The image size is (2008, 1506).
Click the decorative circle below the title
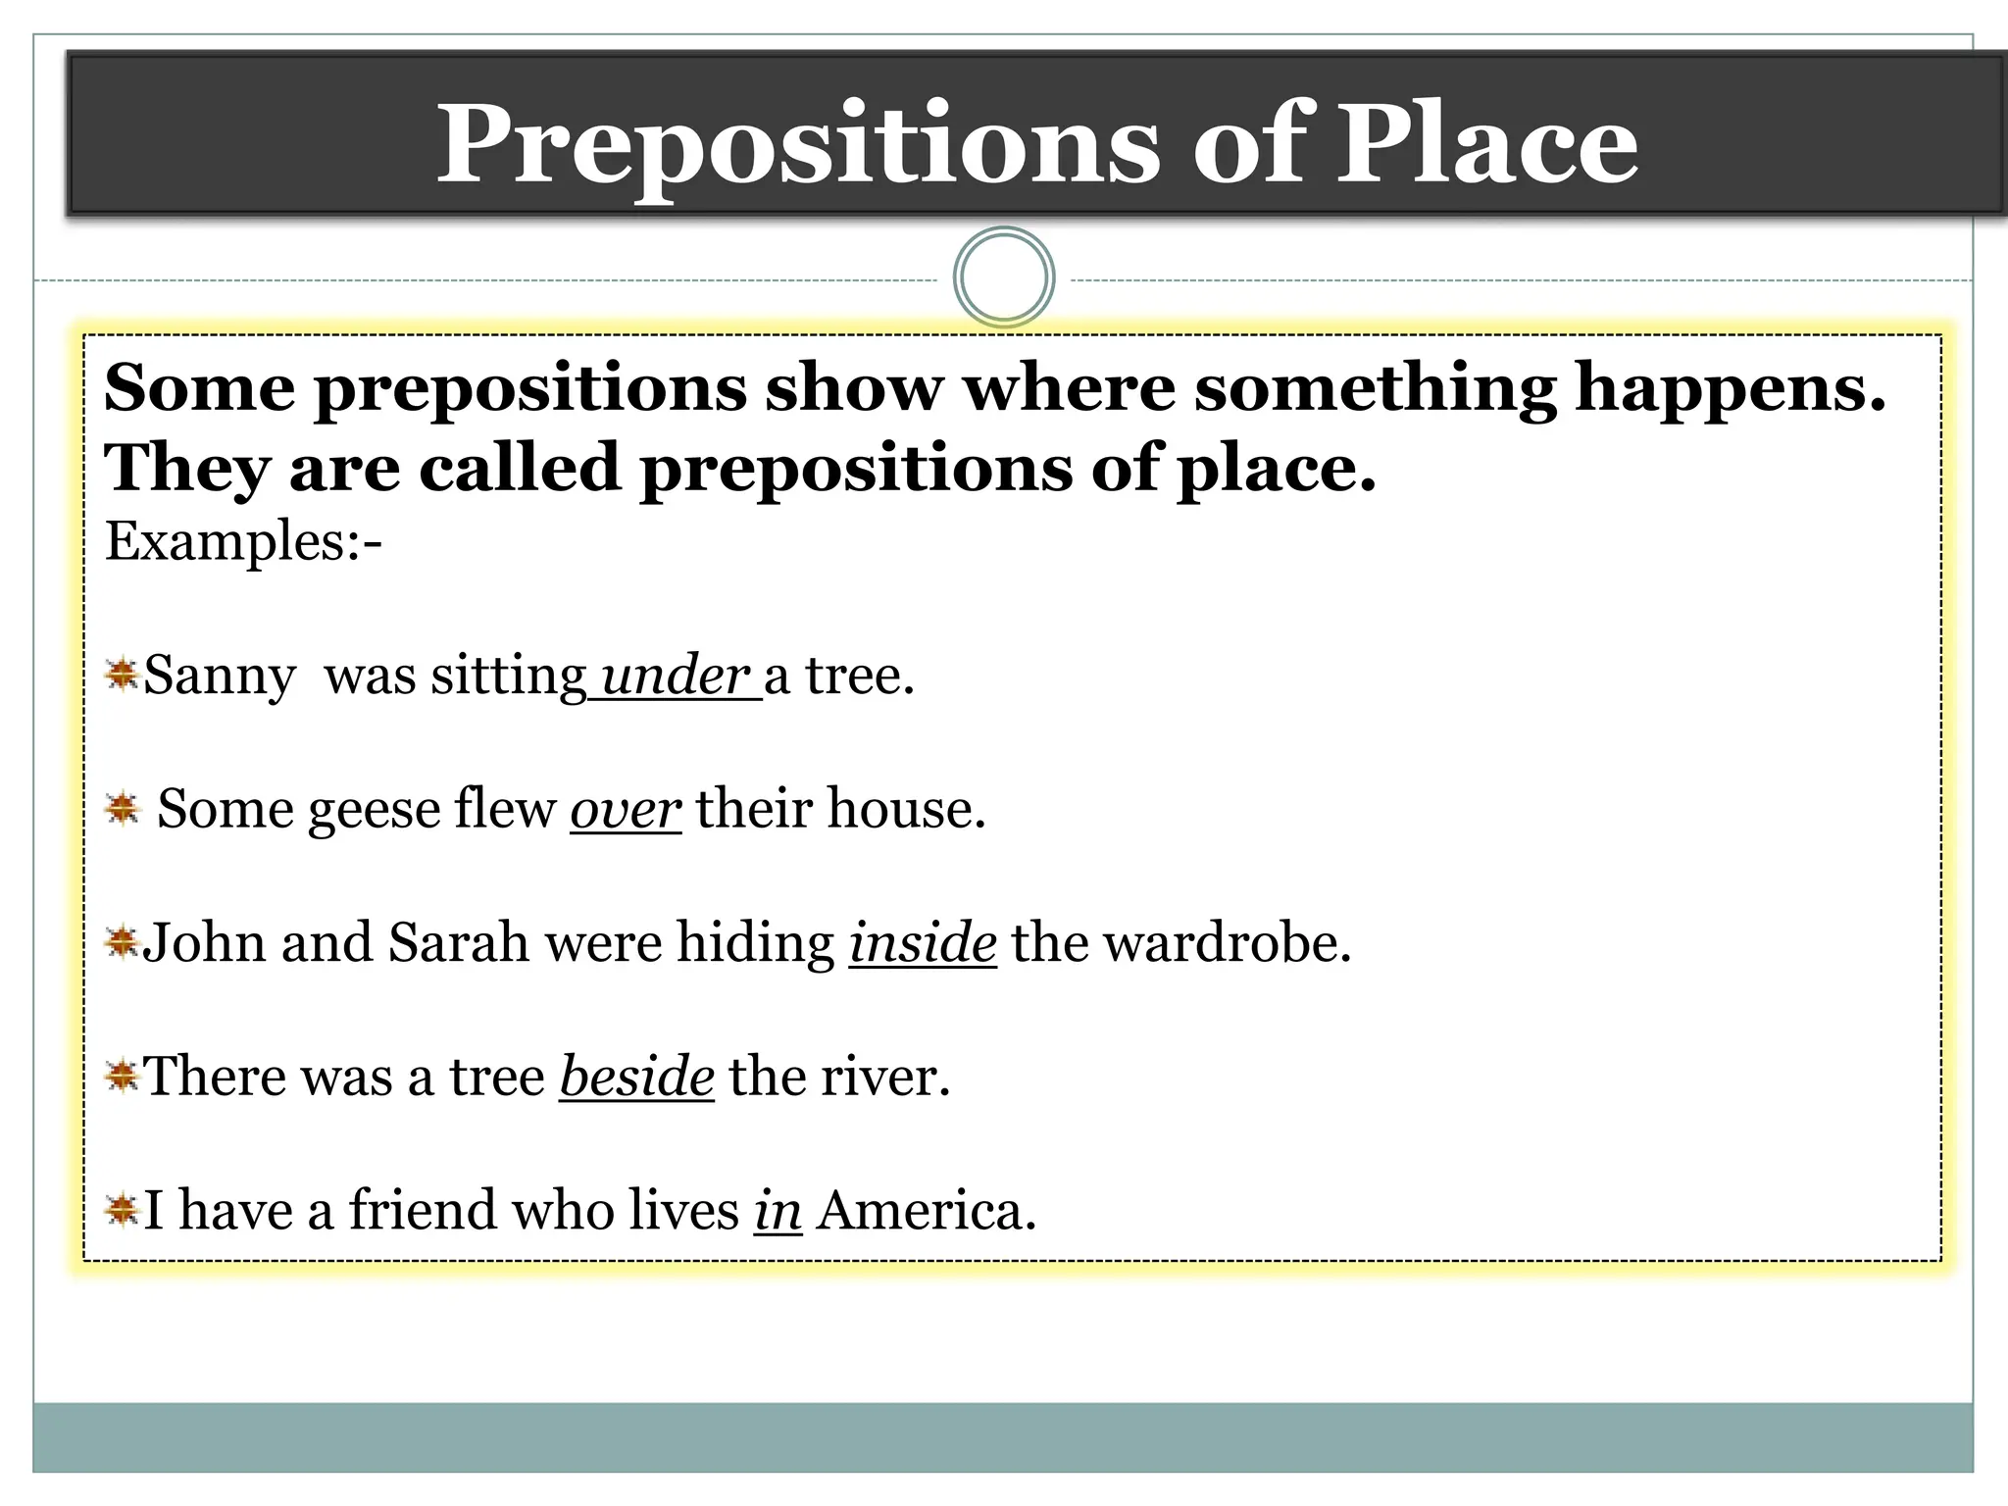pos(1004,277)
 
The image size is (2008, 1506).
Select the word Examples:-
pos(243,542)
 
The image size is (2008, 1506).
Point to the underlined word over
pos(626,810)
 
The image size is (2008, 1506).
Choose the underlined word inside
pos(923,943)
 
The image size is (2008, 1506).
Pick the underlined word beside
pos(636,1077)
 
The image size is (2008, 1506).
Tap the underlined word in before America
pos(778,1210)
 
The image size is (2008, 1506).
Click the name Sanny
pos(219,677)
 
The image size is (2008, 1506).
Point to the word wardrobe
pos(1226,943)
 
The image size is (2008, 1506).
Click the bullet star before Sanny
pos(122,675)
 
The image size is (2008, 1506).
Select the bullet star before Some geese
pos(122,809)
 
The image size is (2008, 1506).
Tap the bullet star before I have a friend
pos(122,1210)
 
